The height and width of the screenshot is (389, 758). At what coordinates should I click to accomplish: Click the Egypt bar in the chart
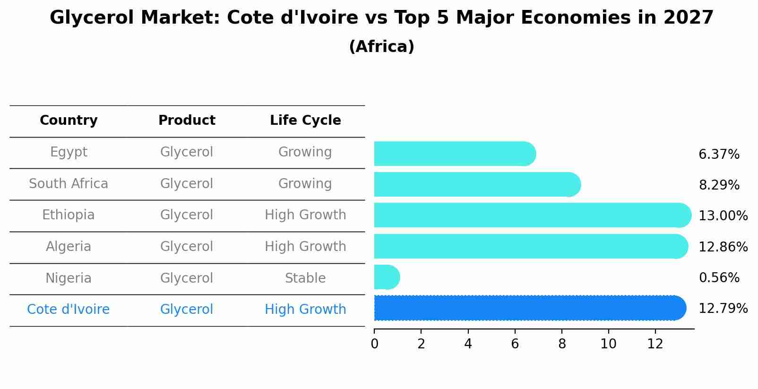454,154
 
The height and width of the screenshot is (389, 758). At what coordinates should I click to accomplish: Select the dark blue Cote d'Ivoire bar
529,308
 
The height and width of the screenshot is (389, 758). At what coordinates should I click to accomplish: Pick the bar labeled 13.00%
532,216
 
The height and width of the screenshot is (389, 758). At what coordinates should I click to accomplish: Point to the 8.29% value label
719,185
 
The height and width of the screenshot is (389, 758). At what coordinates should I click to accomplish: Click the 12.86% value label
723,247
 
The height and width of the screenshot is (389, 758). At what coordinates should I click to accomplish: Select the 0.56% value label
719,278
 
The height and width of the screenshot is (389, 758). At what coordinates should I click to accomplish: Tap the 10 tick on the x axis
608,344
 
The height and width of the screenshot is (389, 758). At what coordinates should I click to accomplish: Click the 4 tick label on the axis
468,344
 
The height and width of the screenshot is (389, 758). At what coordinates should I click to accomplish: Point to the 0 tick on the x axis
374,344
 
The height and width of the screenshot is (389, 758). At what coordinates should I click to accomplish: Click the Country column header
69,121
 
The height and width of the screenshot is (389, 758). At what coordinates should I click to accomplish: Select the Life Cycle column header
305,121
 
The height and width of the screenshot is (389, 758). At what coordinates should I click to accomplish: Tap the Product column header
187,121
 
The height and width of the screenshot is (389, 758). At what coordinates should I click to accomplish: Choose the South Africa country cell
69,184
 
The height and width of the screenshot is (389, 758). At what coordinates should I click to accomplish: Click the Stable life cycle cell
305,278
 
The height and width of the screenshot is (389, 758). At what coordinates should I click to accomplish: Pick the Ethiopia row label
69,215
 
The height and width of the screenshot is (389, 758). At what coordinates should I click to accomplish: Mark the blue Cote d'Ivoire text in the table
69,310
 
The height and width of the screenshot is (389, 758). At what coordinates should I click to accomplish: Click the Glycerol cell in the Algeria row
187,247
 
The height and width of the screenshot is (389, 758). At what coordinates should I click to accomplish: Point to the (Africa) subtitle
381,47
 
